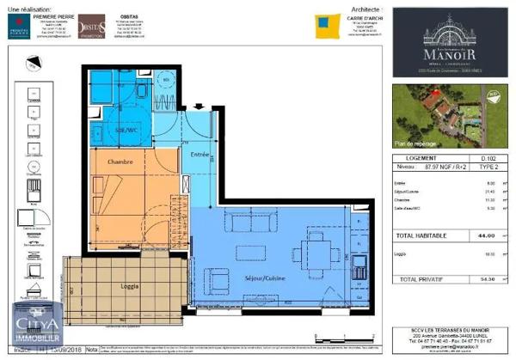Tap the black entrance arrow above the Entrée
[198, 107]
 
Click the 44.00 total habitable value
[474, 235]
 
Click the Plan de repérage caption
[417, 144]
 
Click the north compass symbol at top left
[33, 64]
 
